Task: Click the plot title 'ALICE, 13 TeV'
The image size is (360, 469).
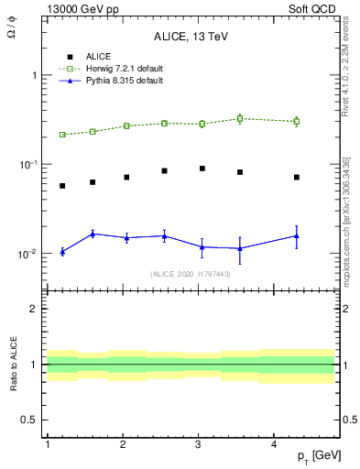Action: point(191,37)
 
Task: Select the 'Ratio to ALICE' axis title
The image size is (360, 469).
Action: point(16,365)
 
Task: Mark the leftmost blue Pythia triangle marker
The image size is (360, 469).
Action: point(62,251)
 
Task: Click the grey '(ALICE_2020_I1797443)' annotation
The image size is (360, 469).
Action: point(191,274)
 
